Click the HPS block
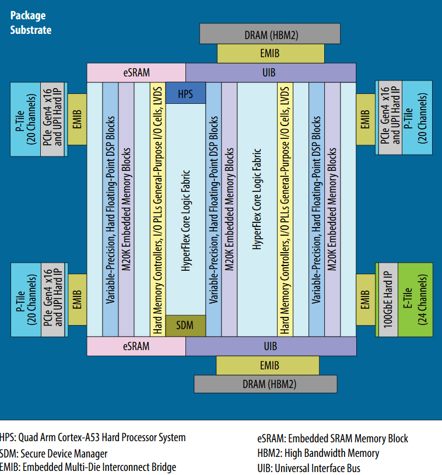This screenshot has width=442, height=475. pos(185,93)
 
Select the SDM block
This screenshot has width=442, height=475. pos(185,325)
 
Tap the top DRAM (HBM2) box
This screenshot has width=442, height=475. pos(271,34)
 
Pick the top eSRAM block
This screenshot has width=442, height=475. pos(136,73)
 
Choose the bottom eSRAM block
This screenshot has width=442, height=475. pos(136,346)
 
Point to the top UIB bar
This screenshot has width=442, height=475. pos(271,73)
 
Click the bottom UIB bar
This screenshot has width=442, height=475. pos(271,346)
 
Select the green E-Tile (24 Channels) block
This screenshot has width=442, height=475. pos(415,299)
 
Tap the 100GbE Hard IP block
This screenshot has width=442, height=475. pos(389,299)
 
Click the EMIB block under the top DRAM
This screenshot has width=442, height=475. pos(271,54)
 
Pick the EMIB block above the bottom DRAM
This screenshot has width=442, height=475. pos(268,365)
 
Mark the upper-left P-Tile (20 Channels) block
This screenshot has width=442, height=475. pos(25,119)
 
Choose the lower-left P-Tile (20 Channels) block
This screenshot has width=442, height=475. pos(25,299)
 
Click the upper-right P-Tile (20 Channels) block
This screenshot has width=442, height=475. pos(417,119)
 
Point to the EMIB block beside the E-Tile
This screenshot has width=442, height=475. pos(366,299)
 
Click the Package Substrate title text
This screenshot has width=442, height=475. pos(30,23)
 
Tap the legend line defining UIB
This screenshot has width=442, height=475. pos(308,468)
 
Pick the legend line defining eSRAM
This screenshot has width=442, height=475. pos(332,438)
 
